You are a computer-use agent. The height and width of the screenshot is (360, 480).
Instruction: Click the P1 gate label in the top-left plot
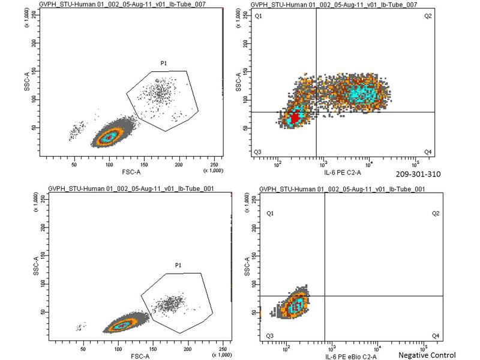[x=163, y=63]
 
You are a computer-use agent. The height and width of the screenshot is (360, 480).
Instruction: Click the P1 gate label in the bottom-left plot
[x=178, y=265]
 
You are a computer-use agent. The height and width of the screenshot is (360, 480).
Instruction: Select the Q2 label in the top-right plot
[x=428, y=16]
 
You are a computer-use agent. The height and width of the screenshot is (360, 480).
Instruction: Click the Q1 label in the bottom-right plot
[x=270, y=214]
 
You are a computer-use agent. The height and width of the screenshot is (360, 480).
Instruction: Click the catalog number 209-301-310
[x=418, y=174]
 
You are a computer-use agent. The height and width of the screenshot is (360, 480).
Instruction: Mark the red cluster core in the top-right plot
[x=293, y=115]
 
